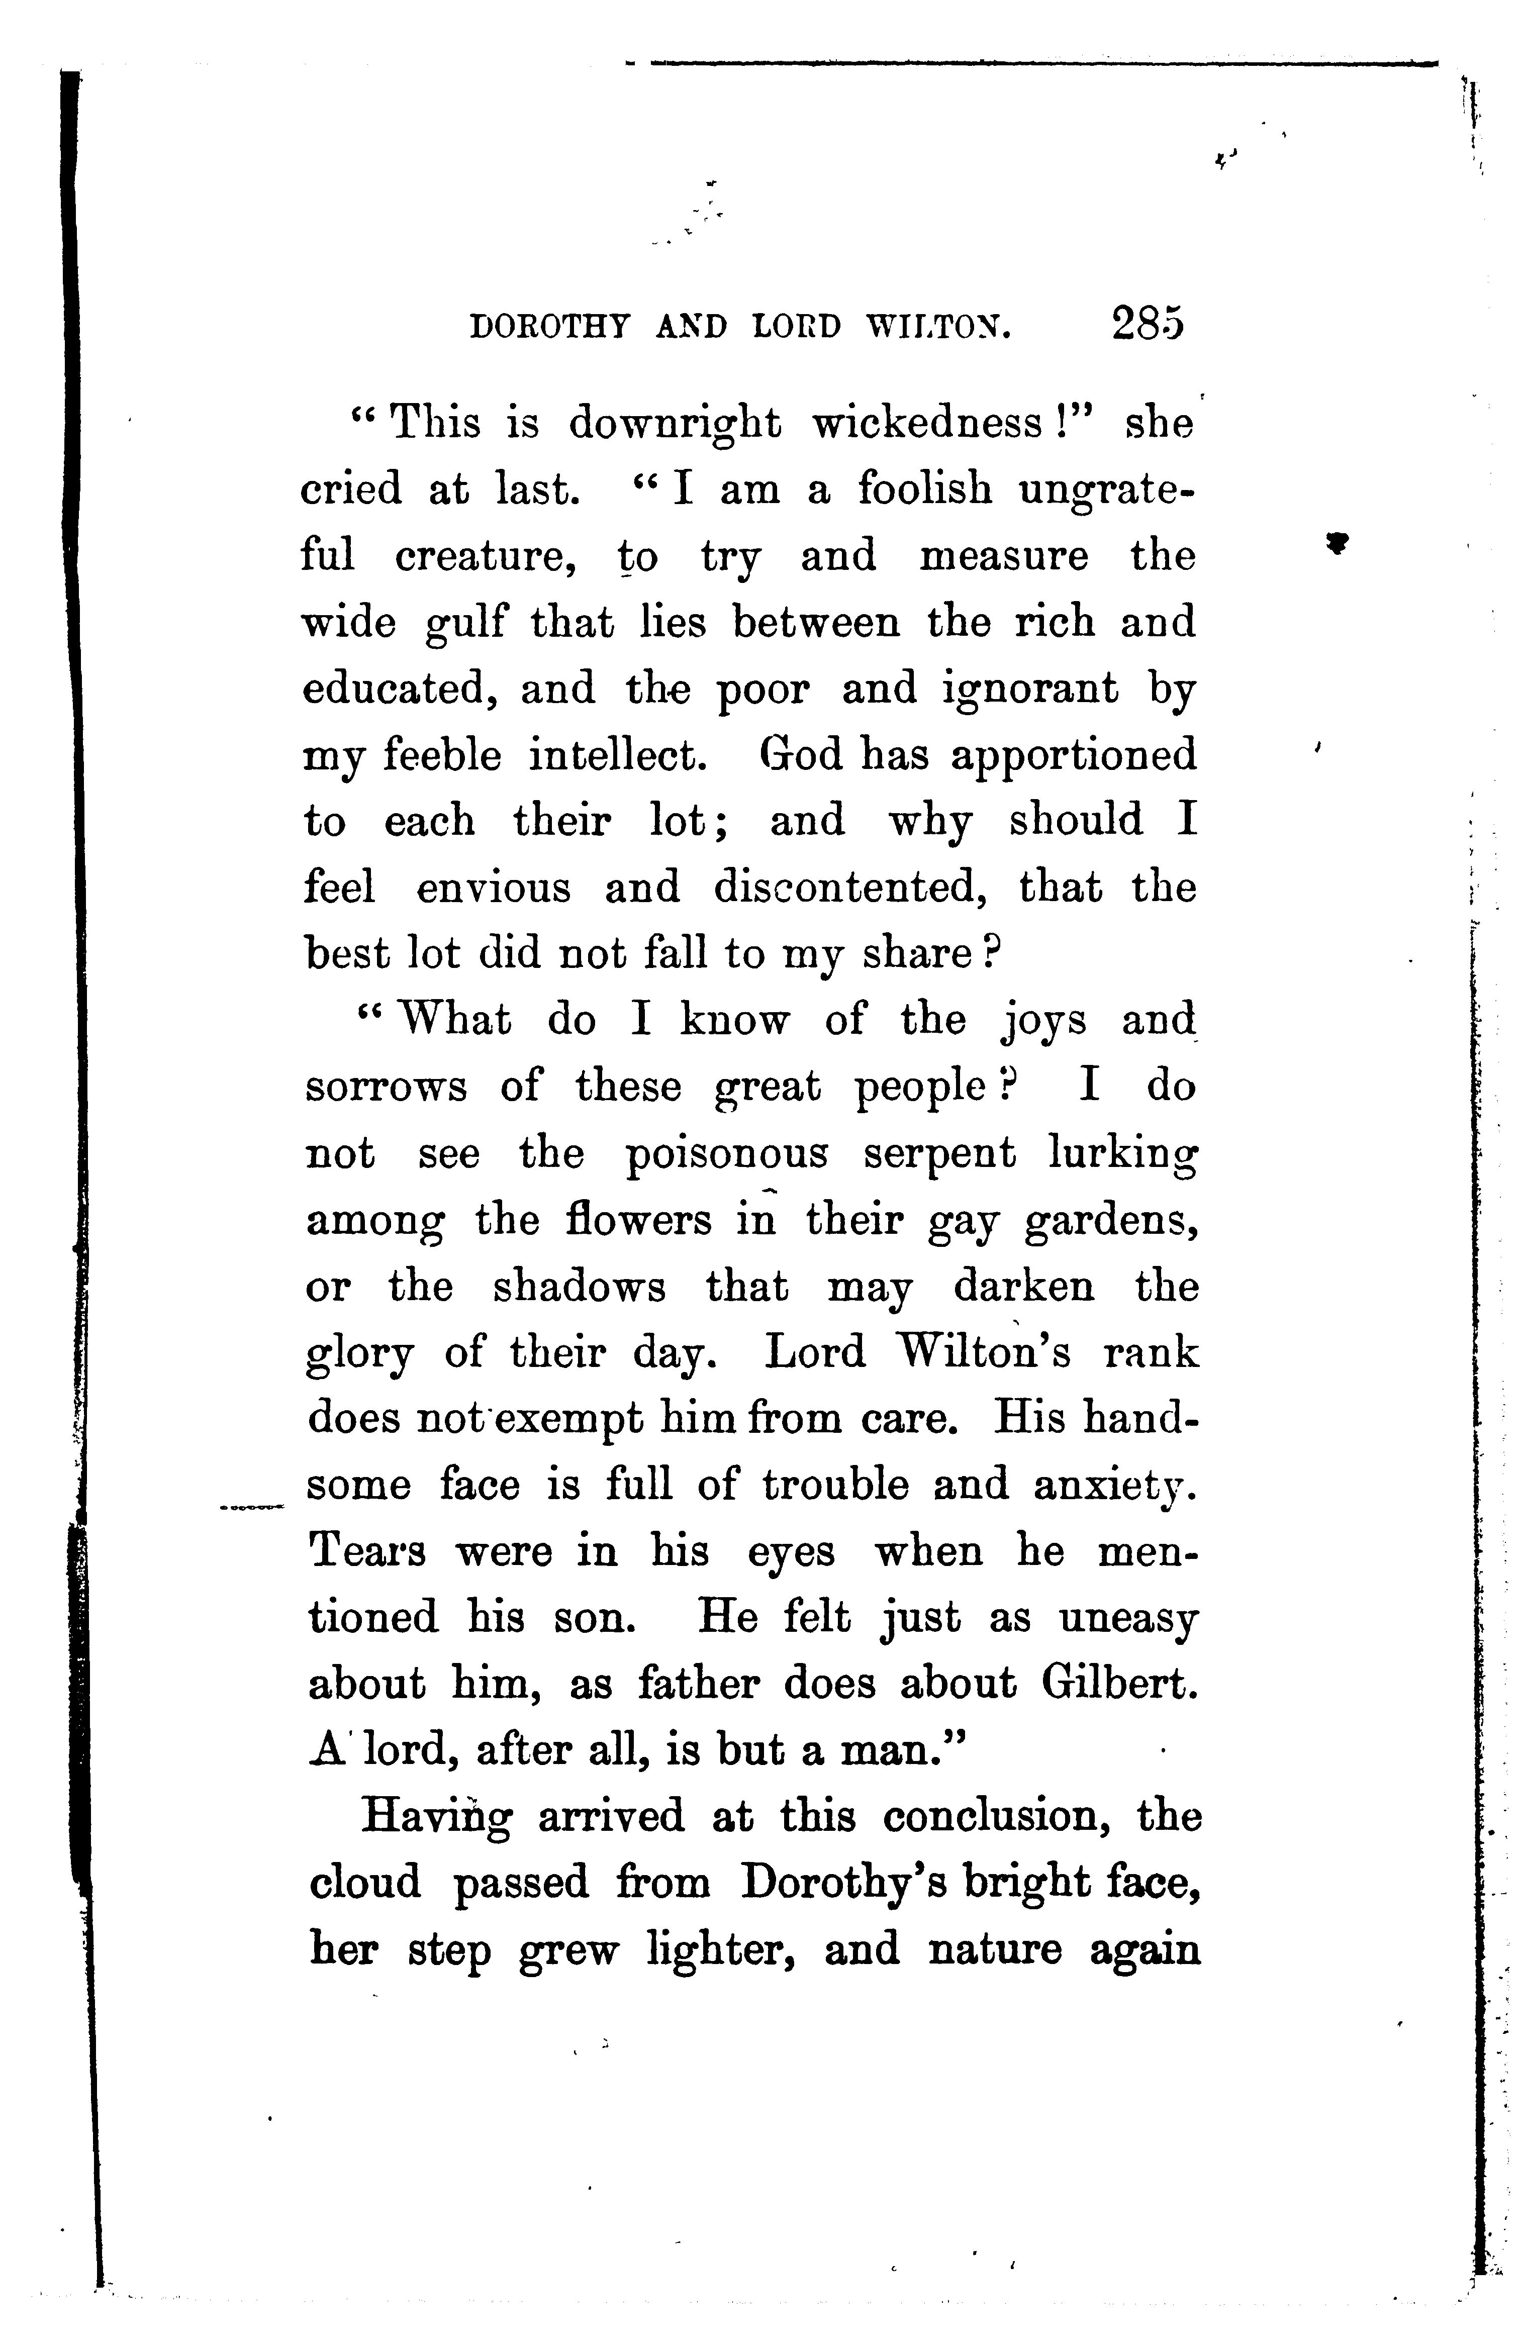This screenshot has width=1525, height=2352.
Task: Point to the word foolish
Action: [924, 489]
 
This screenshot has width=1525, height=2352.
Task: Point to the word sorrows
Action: [386, 1088]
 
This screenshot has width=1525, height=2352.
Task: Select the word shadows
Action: [579, 1288]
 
